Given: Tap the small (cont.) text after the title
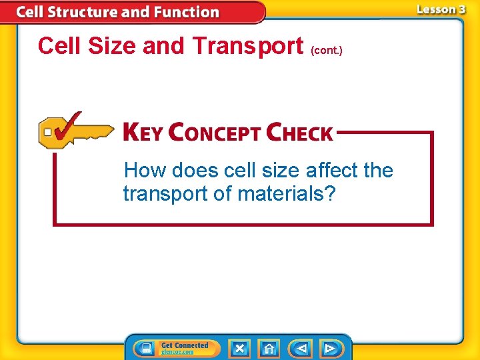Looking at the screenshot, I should pos(327,50).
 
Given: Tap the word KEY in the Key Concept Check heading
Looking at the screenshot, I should pos(142,132).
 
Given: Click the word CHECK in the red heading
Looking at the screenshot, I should pos(299,132).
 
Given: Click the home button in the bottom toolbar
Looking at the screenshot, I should pos(269,349).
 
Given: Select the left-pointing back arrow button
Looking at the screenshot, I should pos(302,349).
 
